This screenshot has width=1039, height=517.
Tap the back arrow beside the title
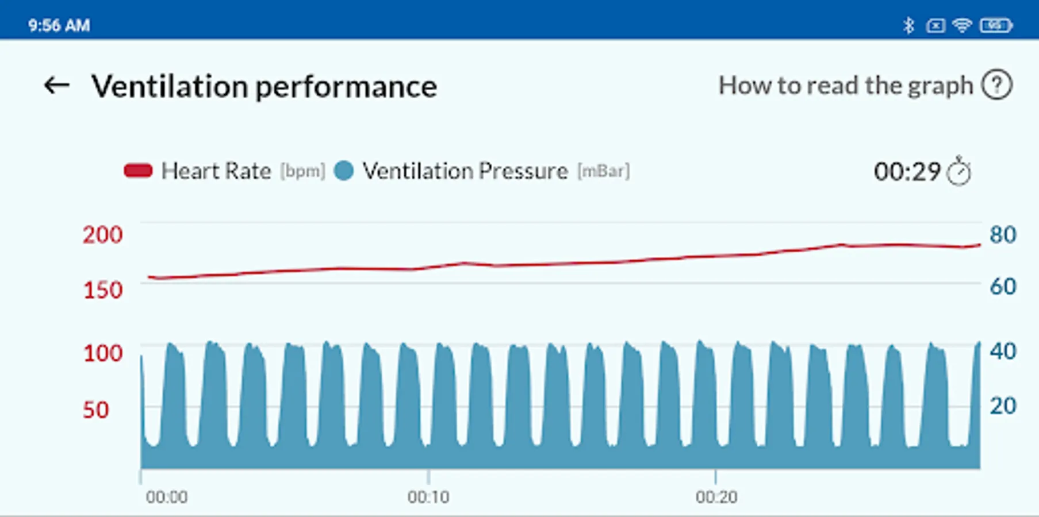56,86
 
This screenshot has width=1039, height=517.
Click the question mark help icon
996,85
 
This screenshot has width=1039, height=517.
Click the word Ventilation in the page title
170,87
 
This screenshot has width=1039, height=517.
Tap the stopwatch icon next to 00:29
959,171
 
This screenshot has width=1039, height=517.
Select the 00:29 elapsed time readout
907,172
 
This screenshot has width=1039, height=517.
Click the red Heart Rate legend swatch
138,171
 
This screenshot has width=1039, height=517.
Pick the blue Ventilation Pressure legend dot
344,171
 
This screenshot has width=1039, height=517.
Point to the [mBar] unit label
604,171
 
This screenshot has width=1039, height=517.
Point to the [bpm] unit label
302,171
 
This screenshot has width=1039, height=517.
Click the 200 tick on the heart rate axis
102,235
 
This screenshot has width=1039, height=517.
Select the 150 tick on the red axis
103,290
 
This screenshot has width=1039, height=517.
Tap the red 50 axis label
95,410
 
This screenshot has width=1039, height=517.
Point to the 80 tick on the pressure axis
1003,235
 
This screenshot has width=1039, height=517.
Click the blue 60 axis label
1003,287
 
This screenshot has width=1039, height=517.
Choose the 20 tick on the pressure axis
1003,406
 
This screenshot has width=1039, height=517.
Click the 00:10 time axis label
428,497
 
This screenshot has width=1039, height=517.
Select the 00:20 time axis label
716,497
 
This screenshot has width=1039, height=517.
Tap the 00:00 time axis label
167,497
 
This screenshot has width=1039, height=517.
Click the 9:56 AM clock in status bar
59,26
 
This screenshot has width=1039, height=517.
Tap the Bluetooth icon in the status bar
908,25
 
